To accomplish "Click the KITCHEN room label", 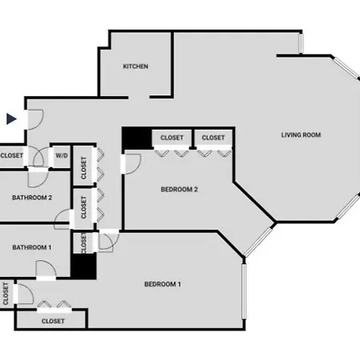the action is pos(135,66).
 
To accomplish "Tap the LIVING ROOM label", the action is pos(301,135).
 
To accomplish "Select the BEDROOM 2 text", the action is pos(179,190).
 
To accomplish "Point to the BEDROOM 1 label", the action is pos(162,284).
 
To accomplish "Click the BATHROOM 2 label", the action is pos(32,198).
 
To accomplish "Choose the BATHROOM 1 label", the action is pos(32,247).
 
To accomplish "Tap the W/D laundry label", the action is pos(62,155).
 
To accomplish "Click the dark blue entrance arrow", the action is pos(11,119).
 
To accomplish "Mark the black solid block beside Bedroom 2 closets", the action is pos(137,138).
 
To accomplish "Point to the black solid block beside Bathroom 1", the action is pos(83,266).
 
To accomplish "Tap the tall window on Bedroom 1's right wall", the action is pos(244,291).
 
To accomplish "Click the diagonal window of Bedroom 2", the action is pos(258,242).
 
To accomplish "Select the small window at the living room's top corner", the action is pos(301,43).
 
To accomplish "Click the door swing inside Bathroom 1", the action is pos(46,268).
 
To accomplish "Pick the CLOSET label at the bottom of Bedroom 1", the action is pos(53,321).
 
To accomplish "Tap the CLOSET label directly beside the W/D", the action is pos(12,155).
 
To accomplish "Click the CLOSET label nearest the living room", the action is pos(214,138).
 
